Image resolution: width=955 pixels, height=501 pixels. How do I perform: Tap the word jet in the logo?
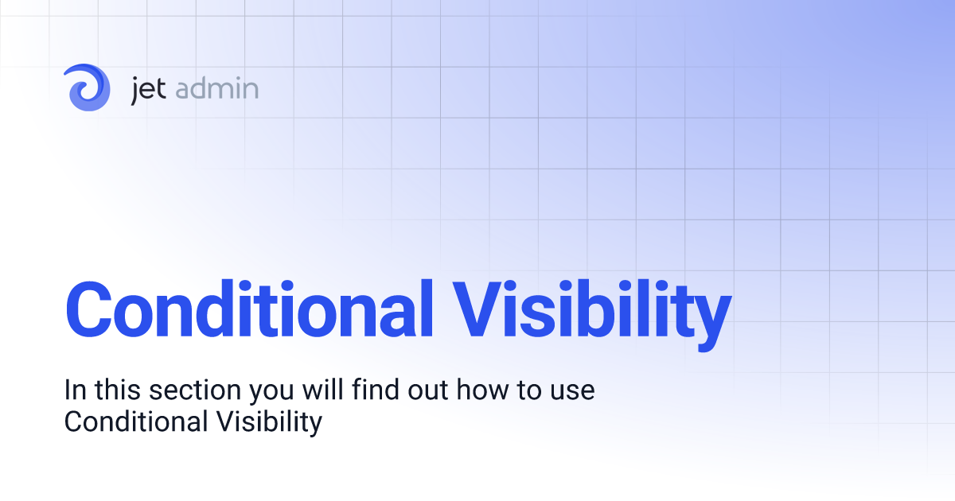149,88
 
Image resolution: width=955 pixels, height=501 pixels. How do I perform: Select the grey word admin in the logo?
216,88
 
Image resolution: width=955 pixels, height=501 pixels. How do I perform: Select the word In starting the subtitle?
75,391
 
